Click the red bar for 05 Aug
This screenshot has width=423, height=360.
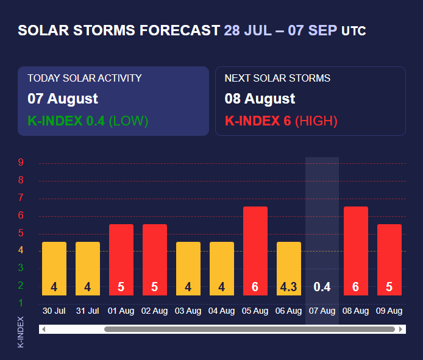pos(255,251)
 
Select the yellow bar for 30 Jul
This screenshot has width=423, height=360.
pos(54,269)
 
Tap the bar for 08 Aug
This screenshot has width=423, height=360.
pos(355,251)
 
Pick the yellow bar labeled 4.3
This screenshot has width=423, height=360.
pos(288,269)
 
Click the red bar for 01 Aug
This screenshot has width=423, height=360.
pos(121,259)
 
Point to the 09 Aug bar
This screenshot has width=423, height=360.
pos(389,259)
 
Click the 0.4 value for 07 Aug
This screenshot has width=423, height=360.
pos(322,287)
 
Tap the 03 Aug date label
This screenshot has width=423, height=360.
pos(188,311)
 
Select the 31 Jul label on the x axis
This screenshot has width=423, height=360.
pos(87,311)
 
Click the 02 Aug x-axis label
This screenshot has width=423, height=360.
pos(154,311)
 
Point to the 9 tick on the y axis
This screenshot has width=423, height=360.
pos(21,163)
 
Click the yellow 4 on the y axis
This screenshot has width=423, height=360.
pos(21,250)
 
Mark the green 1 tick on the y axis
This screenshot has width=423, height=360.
pos(21,303)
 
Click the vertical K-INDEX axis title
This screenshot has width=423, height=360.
pos(21,332)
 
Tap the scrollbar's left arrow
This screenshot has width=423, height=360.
pos(43,330)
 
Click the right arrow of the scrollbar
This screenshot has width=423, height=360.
pos(401,330)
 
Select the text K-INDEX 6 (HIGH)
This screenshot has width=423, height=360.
pos(281,121)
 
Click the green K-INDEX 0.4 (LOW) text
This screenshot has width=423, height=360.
pos(88,121)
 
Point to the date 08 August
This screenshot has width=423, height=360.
pos(260,99)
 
